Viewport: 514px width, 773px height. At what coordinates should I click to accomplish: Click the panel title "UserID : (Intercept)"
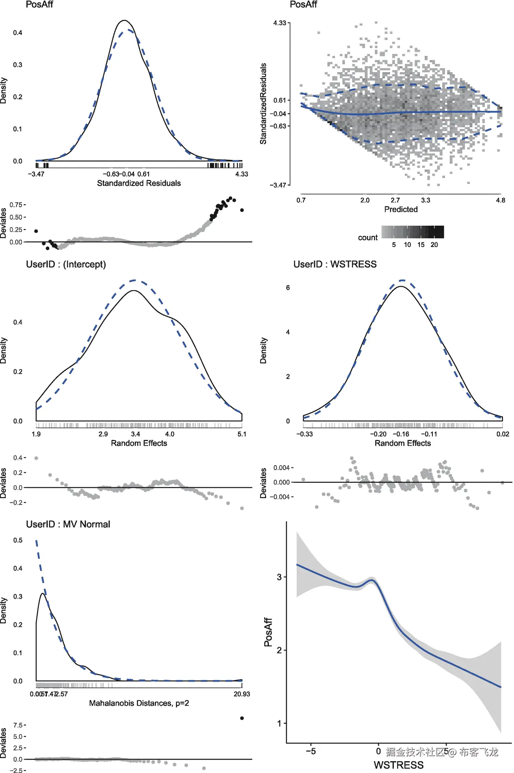[66, 264]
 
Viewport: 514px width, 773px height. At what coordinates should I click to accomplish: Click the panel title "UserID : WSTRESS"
[335, 264]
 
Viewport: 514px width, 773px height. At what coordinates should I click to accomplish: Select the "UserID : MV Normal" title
[68, 524]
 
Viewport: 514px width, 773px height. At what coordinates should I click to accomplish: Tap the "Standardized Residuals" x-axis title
[139, 183]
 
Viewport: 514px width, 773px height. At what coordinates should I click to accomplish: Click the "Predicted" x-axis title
[400, 209]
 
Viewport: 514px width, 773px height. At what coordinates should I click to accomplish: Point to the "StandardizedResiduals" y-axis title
[263, 104]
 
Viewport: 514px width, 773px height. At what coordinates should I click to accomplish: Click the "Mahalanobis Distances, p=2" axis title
[139, 703]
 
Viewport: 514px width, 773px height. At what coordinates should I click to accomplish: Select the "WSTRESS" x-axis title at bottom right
[398, 765]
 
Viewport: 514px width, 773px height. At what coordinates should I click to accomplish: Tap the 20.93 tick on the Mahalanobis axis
[241, 694]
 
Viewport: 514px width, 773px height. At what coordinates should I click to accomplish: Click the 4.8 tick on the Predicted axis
[500, 200]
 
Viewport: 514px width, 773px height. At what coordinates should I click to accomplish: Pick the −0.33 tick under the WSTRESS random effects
[304, 434]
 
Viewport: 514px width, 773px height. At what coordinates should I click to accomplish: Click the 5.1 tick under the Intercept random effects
[242, 434]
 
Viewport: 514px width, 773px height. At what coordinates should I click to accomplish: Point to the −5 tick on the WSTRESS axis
[311, 751]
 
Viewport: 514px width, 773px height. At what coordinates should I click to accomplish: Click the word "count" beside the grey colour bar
[367, 237]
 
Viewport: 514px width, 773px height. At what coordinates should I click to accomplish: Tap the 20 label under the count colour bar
[434, 245]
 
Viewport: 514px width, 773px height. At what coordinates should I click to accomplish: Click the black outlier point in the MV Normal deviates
[242, 718]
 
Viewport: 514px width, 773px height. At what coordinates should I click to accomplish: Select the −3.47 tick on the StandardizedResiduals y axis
[278, 185]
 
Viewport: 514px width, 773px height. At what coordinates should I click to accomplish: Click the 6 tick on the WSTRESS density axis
[288, 287]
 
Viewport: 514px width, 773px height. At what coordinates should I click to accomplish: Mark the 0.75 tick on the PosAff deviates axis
[16, 205]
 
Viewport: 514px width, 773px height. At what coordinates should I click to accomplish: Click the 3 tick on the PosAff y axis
[279, 577]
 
